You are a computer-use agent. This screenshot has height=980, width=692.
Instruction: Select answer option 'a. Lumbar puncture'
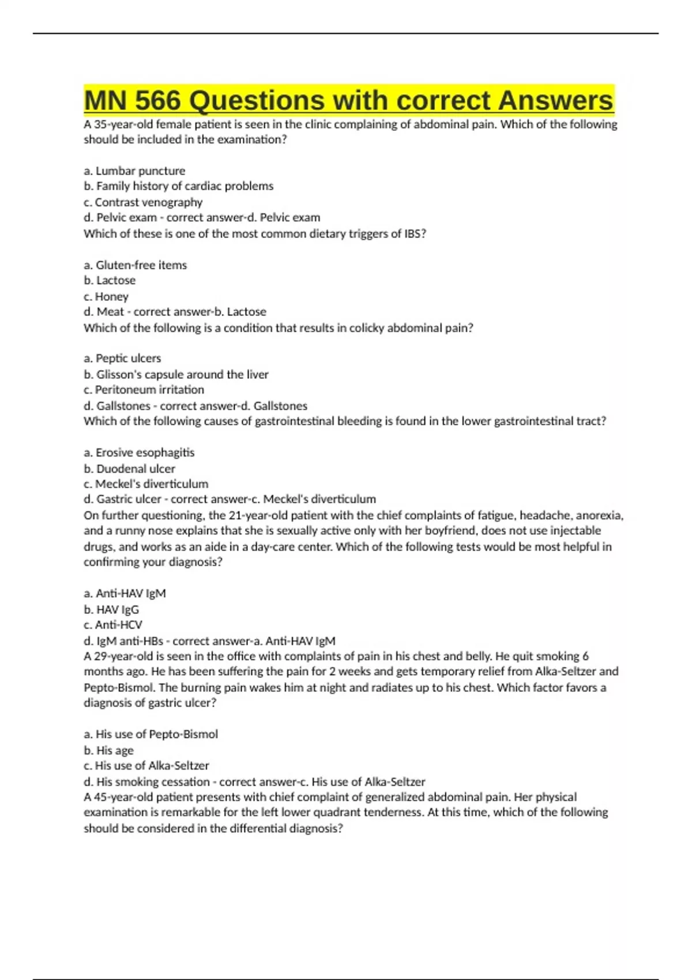click(x=134, y=171)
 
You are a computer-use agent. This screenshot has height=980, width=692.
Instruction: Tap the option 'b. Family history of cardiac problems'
click(x=178, y=186)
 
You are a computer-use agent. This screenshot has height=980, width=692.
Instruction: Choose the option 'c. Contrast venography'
click(x=143, y=202)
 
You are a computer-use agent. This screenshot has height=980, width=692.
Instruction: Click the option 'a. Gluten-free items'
click(x=135, y=265)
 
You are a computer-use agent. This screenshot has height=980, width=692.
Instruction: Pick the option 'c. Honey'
click(x=106, y=296)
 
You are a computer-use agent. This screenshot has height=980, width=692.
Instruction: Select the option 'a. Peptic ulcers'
click(x=122, y=359)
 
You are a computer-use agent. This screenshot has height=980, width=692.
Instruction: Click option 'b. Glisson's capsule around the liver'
click(x=176, y=375)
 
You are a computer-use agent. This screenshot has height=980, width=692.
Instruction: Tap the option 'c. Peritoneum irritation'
click(x=144, y=390)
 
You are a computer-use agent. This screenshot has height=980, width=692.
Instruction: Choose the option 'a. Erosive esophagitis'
click(x=139, y=453)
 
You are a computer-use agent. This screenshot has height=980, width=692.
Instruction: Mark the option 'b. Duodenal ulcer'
click(x=129, y=469)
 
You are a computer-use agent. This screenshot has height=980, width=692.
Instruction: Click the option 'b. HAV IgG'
click(x=111, y=609)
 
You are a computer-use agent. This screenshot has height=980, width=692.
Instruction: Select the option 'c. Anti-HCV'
click(x=113, y=625)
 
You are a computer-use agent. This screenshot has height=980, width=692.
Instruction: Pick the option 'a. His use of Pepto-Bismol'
click(x=151, y=734)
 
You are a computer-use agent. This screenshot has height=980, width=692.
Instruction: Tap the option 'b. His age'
click(x=108, y=751)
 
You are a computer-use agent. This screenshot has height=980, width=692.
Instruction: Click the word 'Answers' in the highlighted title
click(x=555, y=100)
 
